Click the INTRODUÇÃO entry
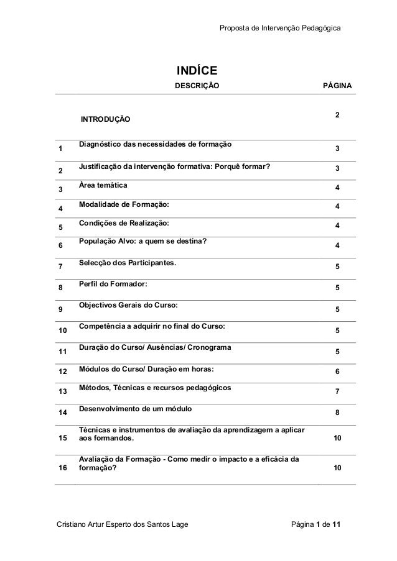coord(105,118)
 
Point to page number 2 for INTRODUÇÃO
coord(337,116)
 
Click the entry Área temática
coord(103,186)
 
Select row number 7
coord(60,268)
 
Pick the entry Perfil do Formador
coord(114,284)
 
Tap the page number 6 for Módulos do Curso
coord(337,371)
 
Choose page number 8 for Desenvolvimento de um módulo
coord(337,413)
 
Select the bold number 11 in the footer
coord(336,528)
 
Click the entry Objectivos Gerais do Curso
coord(128,305)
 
